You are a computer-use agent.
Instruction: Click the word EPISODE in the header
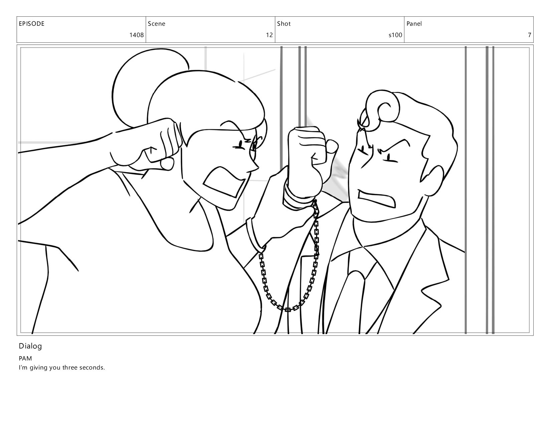click(x=32, y=24)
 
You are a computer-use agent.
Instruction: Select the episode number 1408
click(x=137, y=35)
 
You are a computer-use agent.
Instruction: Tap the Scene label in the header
click(x=156, y=24)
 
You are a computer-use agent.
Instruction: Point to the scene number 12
click(x=269, y=35)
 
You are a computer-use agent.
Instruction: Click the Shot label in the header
click(x=284, y=24)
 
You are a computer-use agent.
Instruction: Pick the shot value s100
click(x=395, y=35)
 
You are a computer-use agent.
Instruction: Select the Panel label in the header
click(x=414, y=24)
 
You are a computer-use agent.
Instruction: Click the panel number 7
click(x=529, y=35)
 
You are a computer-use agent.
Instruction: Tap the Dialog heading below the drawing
click(x=30, y=346)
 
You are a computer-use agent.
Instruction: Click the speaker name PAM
click(x=25, y=359)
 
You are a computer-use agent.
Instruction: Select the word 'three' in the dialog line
click(x=70, y=368)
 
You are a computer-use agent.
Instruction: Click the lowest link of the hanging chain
click(x=287, y=309)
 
